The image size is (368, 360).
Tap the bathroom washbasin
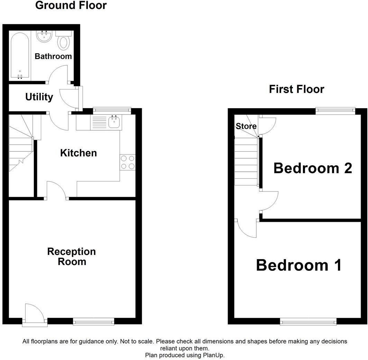pyautogui.click(x=44, y=36)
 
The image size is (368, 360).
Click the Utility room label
pyautogui.click(x=39, y=97)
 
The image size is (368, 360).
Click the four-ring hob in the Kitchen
pyautogui.click(x=128, y=162)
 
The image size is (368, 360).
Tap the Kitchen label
pyautogui.click(x=79, y=153)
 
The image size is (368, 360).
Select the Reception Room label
pyautogui.click(x=72, y=256)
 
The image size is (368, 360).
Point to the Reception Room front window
pyautogui.click(x=93, y=322)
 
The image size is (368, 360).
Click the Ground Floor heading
pyautogui.click(x=71, y=6)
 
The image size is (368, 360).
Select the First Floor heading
pyautogui.click(x=296, y=89)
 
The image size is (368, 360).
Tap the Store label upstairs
pyautogui.click(x=246, y=126)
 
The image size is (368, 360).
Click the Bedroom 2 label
pyautogui.click(x=313, y=168)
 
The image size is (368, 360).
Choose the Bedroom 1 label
pyautogui.click(x=299, y=265)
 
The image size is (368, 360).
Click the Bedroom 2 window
pyautogui.click(x=335, y=110)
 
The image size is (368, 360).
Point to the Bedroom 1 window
pyautogui.click(x=308, y=322)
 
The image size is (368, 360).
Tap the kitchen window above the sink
pyautogui.click(x=112, y=110)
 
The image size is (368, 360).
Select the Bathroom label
pyautogui.click(x=53, y=56)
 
